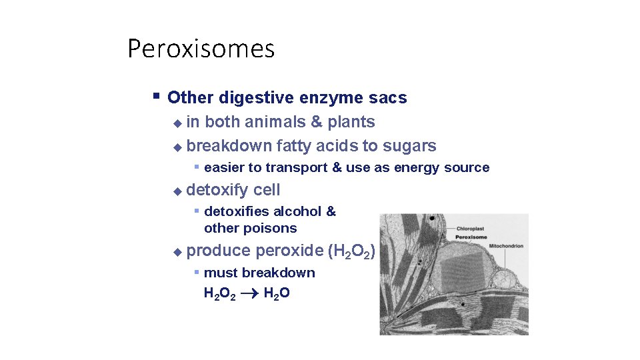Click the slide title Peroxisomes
pyautogui.click(x=201, y=49)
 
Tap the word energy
pyautogui.click(x=419, y=167)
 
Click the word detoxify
pyautogui.click(x=217, y=190)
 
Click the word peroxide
pyautogui.click(x=289, y=251)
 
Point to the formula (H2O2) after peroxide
pyautogui.click(x=352, y=251)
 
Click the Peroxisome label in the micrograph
pyautogui.click(x=471, y=237)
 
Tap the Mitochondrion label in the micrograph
pyautogui.click(x=506, y=246)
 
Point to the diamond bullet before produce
pyautogui.click(x=177, y=252)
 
